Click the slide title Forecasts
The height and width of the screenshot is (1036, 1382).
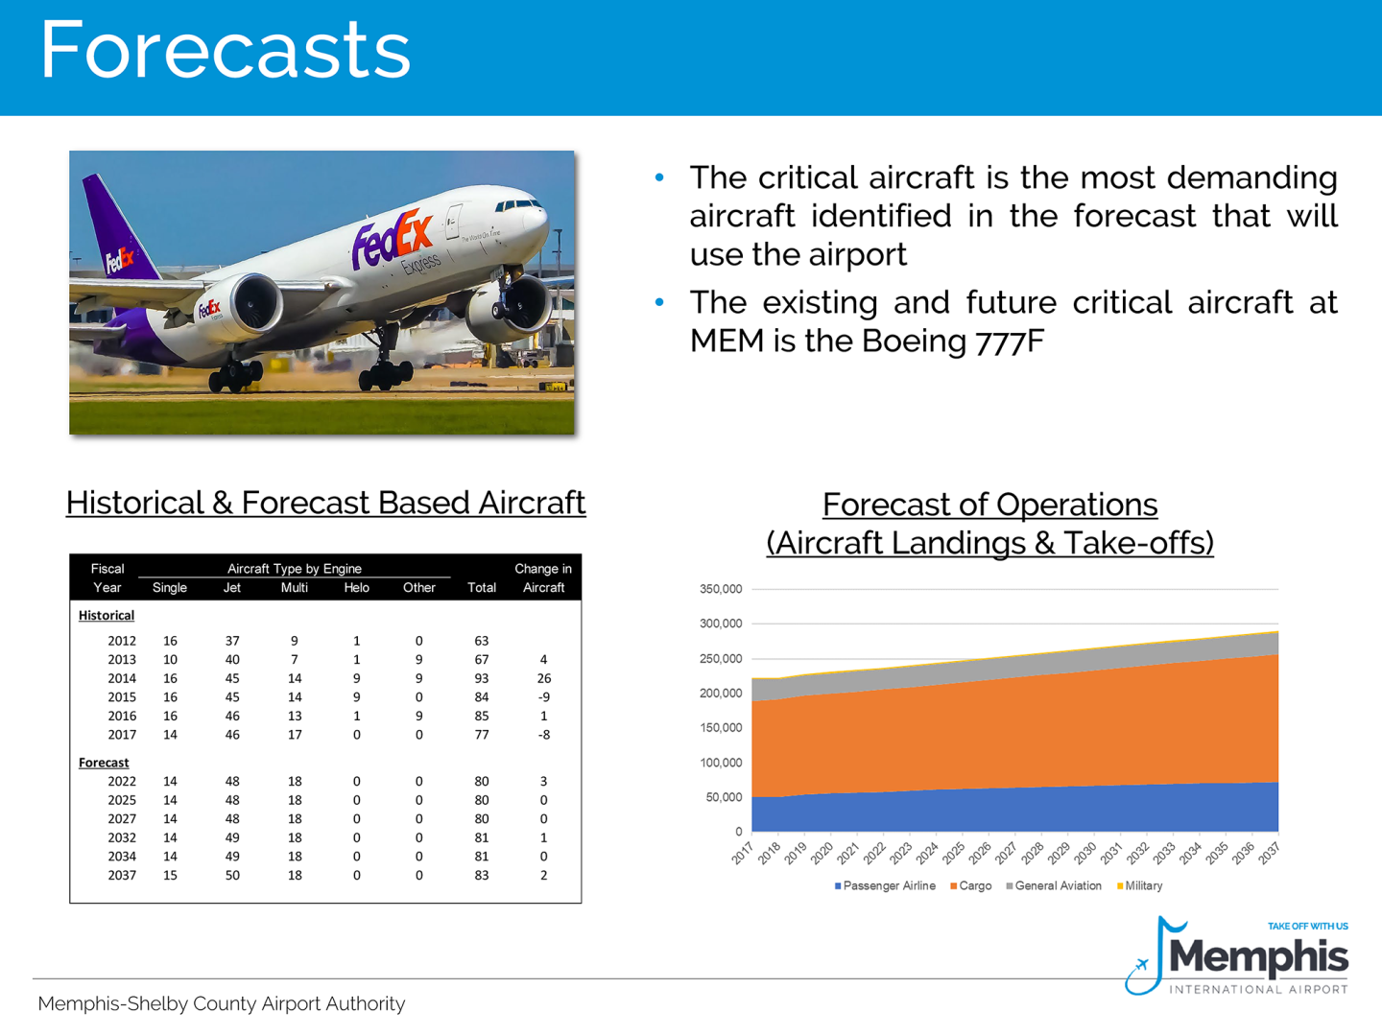click(225, 50)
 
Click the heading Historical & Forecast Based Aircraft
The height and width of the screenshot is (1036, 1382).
click(325, 503)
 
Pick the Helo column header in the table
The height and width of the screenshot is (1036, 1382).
click(356, 588)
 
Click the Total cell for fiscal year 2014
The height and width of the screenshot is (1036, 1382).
click(481, 678)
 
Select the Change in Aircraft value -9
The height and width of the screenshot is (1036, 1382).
click(543, 697)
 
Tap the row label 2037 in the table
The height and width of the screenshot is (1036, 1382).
click(122, 875)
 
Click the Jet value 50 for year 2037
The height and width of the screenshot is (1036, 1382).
click(232, 875)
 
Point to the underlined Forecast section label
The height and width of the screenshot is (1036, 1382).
click(104, 763)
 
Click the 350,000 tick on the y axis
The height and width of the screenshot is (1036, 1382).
click(721, 589)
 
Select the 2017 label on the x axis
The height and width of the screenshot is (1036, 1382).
click(743, 853)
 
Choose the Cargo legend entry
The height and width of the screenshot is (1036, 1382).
click(971, 886)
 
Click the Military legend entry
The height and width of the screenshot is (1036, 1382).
click(1140, 886)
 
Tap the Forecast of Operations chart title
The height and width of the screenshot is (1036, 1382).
click(989, 524)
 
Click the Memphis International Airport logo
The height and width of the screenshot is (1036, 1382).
click(1238, 957)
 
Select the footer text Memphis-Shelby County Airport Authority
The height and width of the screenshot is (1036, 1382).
click(222, 1003)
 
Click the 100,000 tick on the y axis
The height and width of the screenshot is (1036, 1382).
click(721, 763)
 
